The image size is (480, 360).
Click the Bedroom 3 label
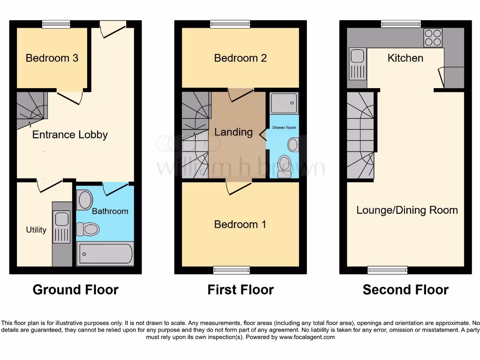(x=52, y=58)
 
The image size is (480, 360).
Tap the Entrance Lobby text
(x=70, y=135)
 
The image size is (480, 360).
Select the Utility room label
(x=36, y=230)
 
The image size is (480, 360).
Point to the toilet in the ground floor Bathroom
(x=88, y=229)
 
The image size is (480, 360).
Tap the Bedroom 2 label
(x=240, y=58)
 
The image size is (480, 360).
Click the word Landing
(x=233, y=132)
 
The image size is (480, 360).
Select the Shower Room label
(x=284, y=127)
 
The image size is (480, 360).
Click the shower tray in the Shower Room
(x=284, y=103)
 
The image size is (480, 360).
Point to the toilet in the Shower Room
(x=284, y=164)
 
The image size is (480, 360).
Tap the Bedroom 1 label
(x=240, y=225)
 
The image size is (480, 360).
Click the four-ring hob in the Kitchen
(x=434, y=38)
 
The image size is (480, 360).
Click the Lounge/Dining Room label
(x=407, y=210)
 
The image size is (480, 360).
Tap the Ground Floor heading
(x=75, y=290)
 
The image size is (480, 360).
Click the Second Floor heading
(x=405, y=290)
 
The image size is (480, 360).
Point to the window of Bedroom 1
(x=231, y=270)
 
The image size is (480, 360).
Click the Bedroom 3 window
(x=56, y=24)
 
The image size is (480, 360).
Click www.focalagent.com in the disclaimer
(x=307, y=337)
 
